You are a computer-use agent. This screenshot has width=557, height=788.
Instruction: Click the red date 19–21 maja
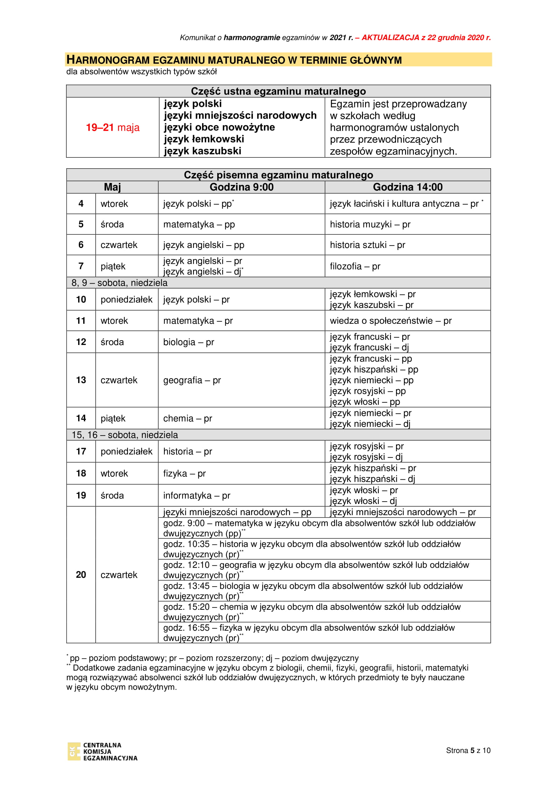[x=112, y=128]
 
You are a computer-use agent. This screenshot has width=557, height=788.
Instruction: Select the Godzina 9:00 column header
[x=241, y=187]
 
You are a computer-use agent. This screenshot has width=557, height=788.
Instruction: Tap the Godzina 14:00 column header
[x=407, y=187]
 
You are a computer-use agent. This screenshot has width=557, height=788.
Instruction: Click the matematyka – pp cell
[x=199, y=224]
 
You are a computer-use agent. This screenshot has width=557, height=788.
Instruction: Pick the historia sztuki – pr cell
[x=367, y=245]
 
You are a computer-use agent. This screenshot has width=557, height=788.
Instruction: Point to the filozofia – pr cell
[x=355, y=266]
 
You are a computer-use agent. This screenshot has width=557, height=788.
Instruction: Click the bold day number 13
[x=81, y=380]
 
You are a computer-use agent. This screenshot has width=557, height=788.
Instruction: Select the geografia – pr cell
[x=192, y=380]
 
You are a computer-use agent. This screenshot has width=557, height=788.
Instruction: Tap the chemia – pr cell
[x=188, y=418]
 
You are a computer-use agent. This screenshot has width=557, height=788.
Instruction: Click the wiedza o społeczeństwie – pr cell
[x=391, y=321]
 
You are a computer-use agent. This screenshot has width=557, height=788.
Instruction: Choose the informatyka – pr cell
[x=197, y=496]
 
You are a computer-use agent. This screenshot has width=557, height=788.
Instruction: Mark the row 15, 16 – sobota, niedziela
[x=125, y=435]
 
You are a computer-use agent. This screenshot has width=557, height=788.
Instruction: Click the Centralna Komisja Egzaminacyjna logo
[x=102, y=751]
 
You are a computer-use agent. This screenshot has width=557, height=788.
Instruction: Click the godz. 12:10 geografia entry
[x=316, y=570]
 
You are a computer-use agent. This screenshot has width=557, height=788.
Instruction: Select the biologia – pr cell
[x=189, y=342]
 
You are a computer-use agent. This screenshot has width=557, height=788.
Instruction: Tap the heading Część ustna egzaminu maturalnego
[x=278, y=91]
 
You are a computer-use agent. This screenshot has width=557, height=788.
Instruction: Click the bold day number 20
[x=81, y=575]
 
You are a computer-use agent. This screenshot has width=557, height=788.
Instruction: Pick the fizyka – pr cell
[x=185, y=474]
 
